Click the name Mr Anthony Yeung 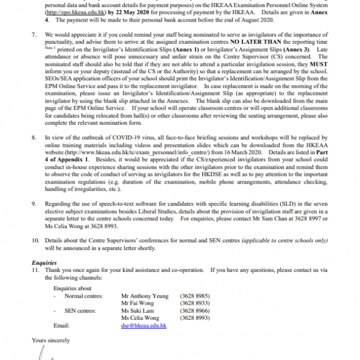[144, 296]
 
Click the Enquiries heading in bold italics [46, 263]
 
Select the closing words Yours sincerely [50, 340]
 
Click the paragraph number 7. [34, 44]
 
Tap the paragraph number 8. [34, 137]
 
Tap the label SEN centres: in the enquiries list [80, 311]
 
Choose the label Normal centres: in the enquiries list [83, 296]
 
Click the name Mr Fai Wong [138, 304]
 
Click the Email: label [62, 325]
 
